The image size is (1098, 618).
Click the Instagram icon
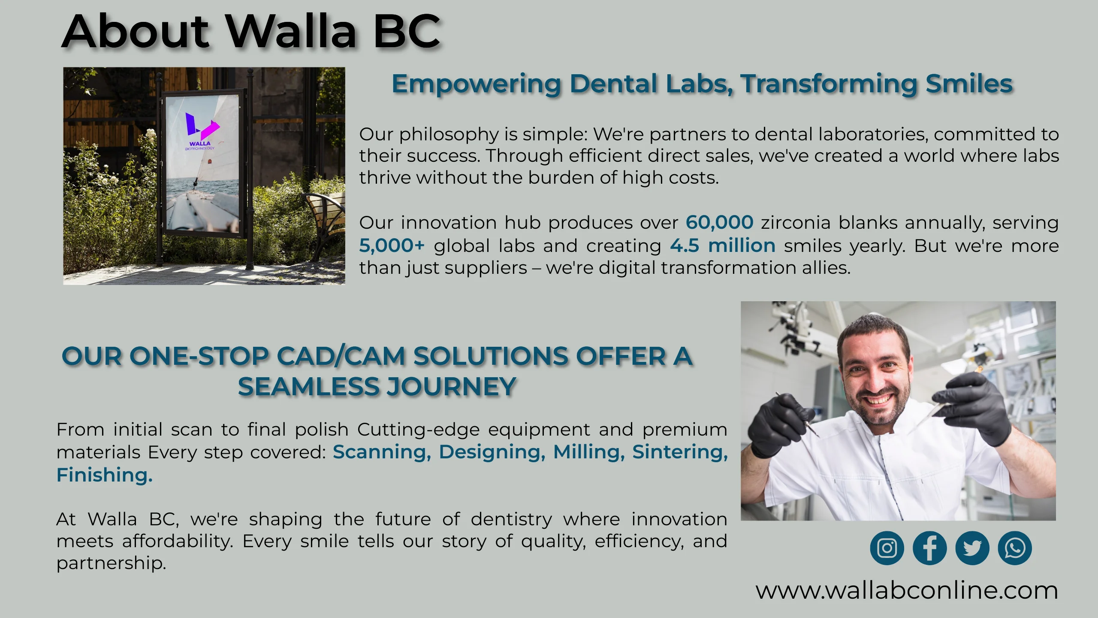tap(887, 548)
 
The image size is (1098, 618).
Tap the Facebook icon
tap(929, 548)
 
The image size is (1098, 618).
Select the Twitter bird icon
tap(972, 548)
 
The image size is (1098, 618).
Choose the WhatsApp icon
tap(1015, 548)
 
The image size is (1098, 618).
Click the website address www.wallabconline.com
tap(907, 591)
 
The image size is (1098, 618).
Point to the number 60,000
tap(720, 222)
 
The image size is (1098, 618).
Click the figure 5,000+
tap(392, 245)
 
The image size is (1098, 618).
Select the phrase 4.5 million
tap(723, 245)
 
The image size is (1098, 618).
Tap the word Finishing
tap(105, 475)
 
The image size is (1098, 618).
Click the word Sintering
tap(680, 452)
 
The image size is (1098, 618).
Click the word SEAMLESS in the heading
tap(309, 387)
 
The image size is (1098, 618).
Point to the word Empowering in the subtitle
tap(477, 85)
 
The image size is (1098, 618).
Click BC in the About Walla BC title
tap(407, 31)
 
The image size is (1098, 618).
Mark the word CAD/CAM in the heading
tap(341, 356)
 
